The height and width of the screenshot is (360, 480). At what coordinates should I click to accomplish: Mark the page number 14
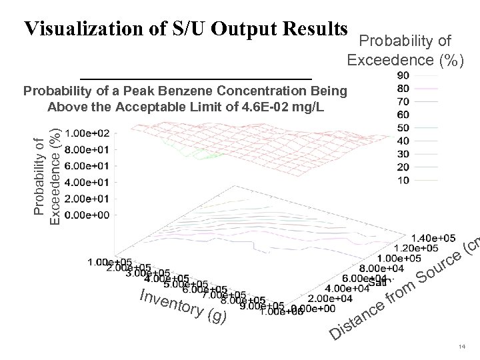461,347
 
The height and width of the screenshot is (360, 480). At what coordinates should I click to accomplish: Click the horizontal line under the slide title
195,79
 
